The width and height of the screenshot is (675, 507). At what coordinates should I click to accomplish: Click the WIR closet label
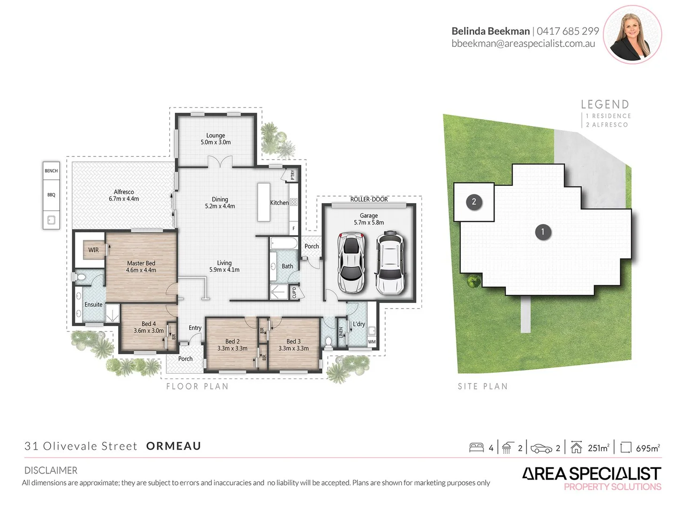click(94, 250)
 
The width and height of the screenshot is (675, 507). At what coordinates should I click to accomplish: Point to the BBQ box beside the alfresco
click(51, 195)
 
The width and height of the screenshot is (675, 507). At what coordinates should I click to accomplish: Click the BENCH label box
click(51, 171)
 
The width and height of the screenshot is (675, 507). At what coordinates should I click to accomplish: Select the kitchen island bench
click(264, 201)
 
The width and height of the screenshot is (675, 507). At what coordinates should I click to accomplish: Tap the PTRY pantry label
click(293, 175)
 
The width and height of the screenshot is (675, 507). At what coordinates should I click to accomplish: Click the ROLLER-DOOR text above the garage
click(369, 200)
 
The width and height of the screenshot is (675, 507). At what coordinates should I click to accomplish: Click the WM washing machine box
click(372, 342)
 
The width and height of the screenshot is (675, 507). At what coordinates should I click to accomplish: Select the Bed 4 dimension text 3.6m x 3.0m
click(149, 330)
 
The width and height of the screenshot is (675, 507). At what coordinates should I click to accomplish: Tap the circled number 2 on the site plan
click(474, 202)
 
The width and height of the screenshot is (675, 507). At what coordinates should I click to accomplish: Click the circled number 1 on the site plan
click(543, 231)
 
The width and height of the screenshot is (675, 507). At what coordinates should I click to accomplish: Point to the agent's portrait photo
click(632, 35)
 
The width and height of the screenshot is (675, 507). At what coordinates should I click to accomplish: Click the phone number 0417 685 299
click(568, 31)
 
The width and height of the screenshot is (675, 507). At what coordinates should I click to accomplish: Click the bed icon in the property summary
click(476, 447)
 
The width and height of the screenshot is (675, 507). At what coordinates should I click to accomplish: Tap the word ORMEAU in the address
click(173, 446)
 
